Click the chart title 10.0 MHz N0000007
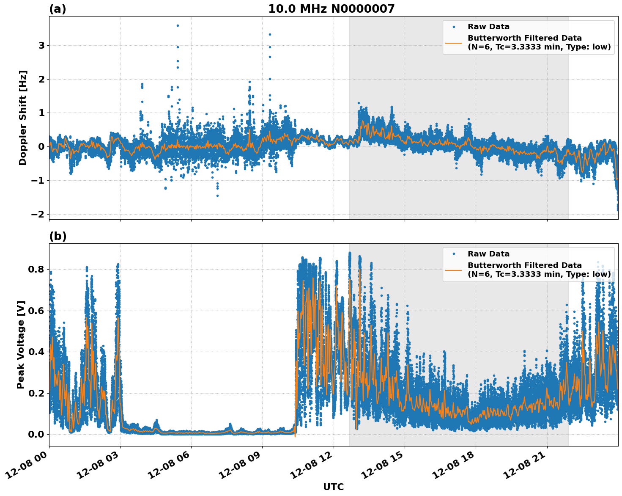click(331, 9)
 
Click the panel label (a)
click(58, 9)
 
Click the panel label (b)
click(58, 236)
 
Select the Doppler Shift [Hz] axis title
click(23, 118)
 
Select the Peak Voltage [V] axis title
click(21, 344)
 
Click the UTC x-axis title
click(333, 487)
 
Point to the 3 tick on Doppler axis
click(41, 45)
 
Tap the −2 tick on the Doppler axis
click(38, 214)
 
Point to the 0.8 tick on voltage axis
click(38, 269)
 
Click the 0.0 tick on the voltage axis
click(38, 434)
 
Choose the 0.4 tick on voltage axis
click(38, 352)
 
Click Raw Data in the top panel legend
click(488, 27)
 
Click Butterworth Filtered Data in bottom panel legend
click(524, 265)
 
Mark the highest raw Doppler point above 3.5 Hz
click(178, 25)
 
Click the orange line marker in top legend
click(454, 42)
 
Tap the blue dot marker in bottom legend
click(454, 254)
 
